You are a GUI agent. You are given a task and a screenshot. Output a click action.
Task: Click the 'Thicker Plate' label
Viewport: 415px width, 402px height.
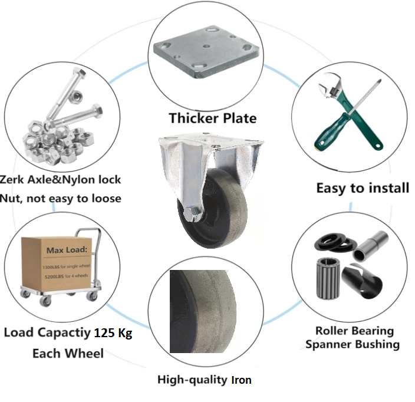(x=213, y=118)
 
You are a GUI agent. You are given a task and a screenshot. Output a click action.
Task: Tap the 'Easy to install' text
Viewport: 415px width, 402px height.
(x=363, y=188)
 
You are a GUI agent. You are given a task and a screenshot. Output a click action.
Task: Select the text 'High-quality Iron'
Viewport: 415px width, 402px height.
(x=204, y=380)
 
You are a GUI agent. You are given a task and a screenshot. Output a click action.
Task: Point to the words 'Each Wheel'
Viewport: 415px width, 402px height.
(x=68, y=354)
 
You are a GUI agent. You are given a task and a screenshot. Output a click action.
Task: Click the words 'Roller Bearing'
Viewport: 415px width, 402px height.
(x=354, y=331)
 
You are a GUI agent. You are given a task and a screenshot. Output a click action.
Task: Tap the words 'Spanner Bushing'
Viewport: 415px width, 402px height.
(x=353, y=344)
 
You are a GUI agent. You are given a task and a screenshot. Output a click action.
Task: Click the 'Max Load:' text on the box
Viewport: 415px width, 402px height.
(x=67, y=250)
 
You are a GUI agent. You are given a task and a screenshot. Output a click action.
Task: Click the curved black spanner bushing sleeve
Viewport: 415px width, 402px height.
(x=366, y=281)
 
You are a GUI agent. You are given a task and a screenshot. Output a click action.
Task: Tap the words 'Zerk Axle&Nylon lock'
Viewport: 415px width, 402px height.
(x=61, y=179)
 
